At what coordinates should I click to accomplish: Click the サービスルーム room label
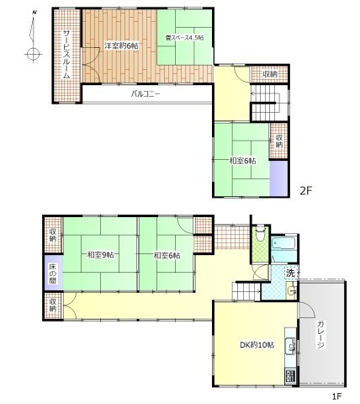pos(66,55)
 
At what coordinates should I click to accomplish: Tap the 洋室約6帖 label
pos(122,45)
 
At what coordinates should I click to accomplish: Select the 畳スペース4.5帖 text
pos(184,38)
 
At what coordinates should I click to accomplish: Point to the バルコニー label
pos(146,93)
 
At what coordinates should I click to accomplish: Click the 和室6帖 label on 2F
pos(242,161)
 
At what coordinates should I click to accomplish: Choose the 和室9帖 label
pos(100,255)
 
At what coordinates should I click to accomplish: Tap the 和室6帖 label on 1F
pos(167,255)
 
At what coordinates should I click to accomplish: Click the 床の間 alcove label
pos(53,273)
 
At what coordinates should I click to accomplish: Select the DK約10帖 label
pos(257,344)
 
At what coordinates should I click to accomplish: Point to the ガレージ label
pos(320,334)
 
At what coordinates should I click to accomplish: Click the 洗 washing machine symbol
pos(290,273)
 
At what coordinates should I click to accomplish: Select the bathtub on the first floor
pos(283,243)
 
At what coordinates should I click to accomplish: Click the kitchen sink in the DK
pos(291,346)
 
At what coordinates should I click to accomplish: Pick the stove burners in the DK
pos(291,375)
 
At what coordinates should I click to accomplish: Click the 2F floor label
pos(305,191)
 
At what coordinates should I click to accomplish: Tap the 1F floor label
pos(336,396)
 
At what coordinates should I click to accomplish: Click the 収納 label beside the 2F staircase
pos(270,74)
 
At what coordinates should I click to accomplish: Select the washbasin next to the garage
pos(292,290)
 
